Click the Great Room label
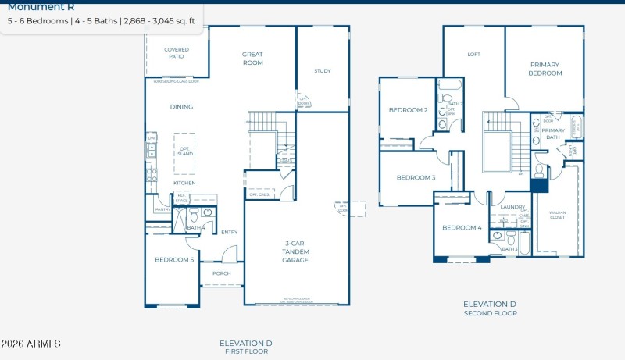click(252, 59)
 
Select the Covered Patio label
click(177, 53)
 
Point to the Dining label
click(181, 107)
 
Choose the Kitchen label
click(184, 183)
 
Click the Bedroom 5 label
click(173, 259)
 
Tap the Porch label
click(221, 273)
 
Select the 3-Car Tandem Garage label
click(296, 251)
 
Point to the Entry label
click(229, 232)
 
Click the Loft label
click(473, 55)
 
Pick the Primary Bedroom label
click(546, 69)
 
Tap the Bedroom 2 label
click(408, 110)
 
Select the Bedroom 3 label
click(416, 177)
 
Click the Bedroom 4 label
click(462, 228)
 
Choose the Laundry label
click(512, 207)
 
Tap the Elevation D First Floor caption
click(245, 347)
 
